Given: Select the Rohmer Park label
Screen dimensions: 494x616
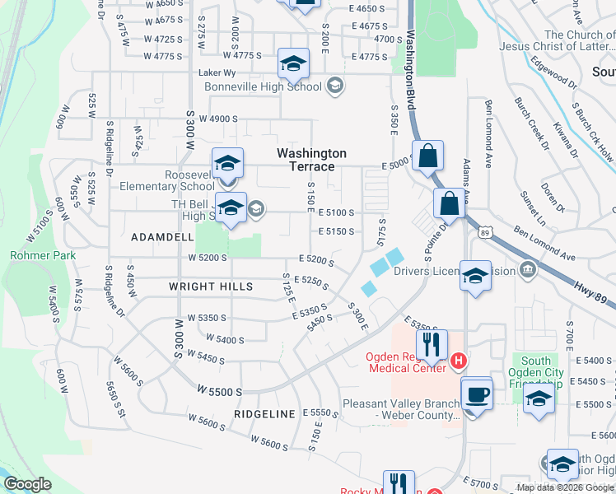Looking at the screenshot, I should [x=43, y=255].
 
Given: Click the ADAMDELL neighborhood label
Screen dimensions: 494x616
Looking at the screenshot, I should [x=162, y=236].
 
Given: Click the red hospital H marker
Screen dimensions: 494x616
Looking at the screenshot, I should [x=459, y=361].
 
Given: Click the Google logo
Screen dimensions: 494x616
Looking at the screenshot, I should [x=28, y=484].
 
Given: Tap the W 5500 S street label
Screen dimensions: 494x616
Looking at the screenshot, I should [x=220, y=392].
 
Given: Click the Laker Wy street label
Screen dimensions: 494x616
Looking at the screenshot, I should [x=218, y=72].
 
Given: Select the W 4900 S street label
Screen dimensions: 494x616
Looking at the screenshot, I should [x=217, y=119].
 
